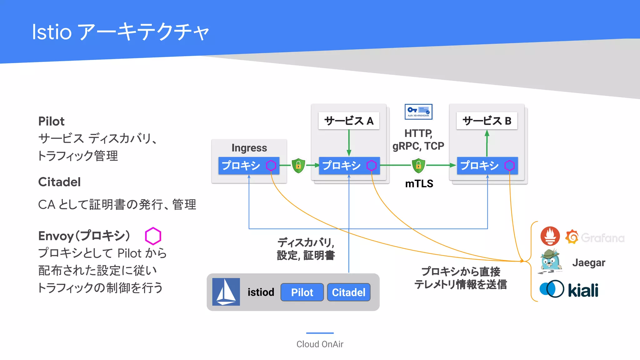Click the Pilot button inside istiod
click(x=302, y=292)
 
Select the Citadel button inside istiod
click(x=348, y=292)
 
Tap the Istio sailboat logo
click(x=226, y=292)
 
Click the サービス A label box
click(x=349, y=121)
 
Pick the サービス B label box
click(x=487, y=121)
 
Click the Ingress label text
click(x=249, y=148)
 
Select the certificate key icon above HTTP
click(x=418, y=112)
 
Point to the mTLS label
click(x=419, y=183)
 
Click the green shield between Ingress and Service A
click(x=298, y=165)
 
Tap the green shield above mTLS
click(x=418, y=165)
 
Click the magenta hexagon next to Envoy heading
click(x=153, y=236)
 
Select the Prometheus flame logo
click(x=550, y=236)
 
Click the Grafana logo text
click(x=602, y=238)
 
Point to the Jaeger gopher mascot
click(x=550, y=261)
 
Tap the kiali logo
click(x=569, y=289)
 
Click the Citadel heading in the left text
click(x=59, y=182)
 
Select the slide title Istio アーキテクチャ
click(x=120, y=32)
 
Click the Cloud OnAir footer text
click(x=320, y=344)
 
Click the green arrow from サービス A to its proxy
click(x=349, y=142)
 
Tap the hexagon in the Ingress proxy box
click(x=271, y=165)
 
